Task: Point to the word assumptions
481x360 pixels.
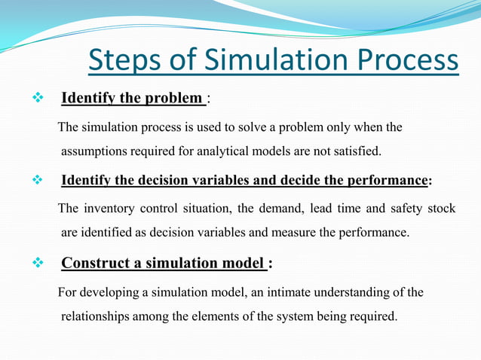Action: (96, 151)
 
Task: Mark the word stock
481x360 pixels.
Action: (442, 209)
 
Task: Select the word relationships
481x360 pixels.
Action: (97, 316)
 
